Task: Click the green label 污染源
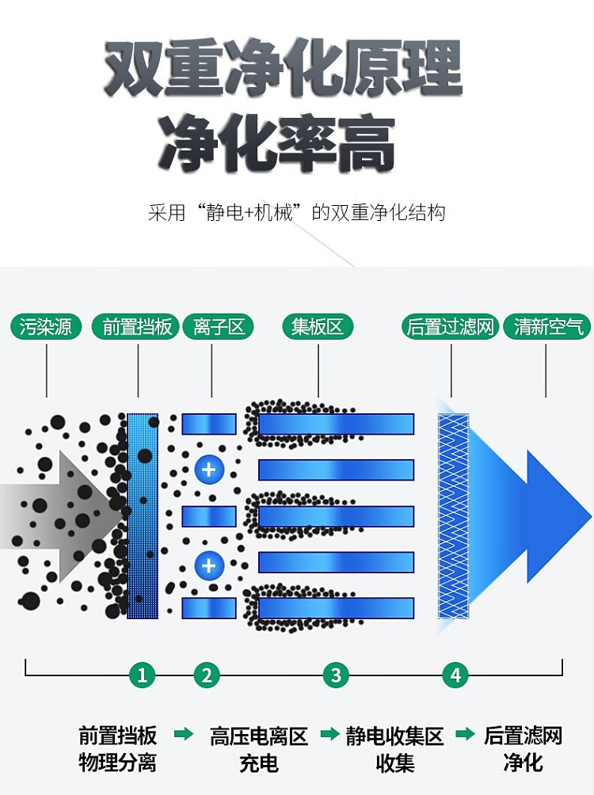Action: click(46, 327)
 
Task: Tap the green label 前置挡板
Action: click(138, 327)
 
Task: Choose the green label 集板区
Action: click(318, 327)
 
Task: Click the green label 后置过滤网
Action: click(450, 327)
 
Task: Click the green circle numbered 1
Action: click(143, 675)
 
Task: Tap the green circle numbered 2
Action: click(207, 675)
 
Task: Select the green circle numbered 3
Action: click(336, 675)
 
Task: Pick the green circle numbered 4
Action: click(455, 675)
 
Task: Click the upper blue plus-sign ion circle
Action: click(209, 470)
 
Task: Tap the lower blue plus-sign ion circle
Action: click(209, 565)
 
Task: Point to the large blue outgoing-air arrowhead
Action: click(554, 515)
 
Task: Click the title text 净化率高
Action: click(278, 144)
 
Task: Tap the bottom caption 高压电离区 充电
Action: click(259, 749)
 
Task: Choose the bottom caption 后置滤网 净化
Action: click(523, 749)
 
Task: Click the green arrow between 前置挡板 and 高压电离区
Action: click(184, 735)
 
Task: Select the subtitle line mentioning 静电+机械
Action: click(297, 213)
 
